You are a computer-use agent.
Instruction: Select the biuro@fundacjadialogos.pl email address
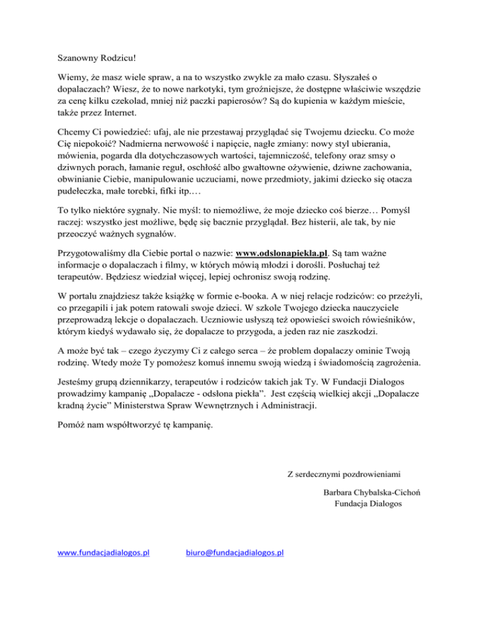tap(234, 553)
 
